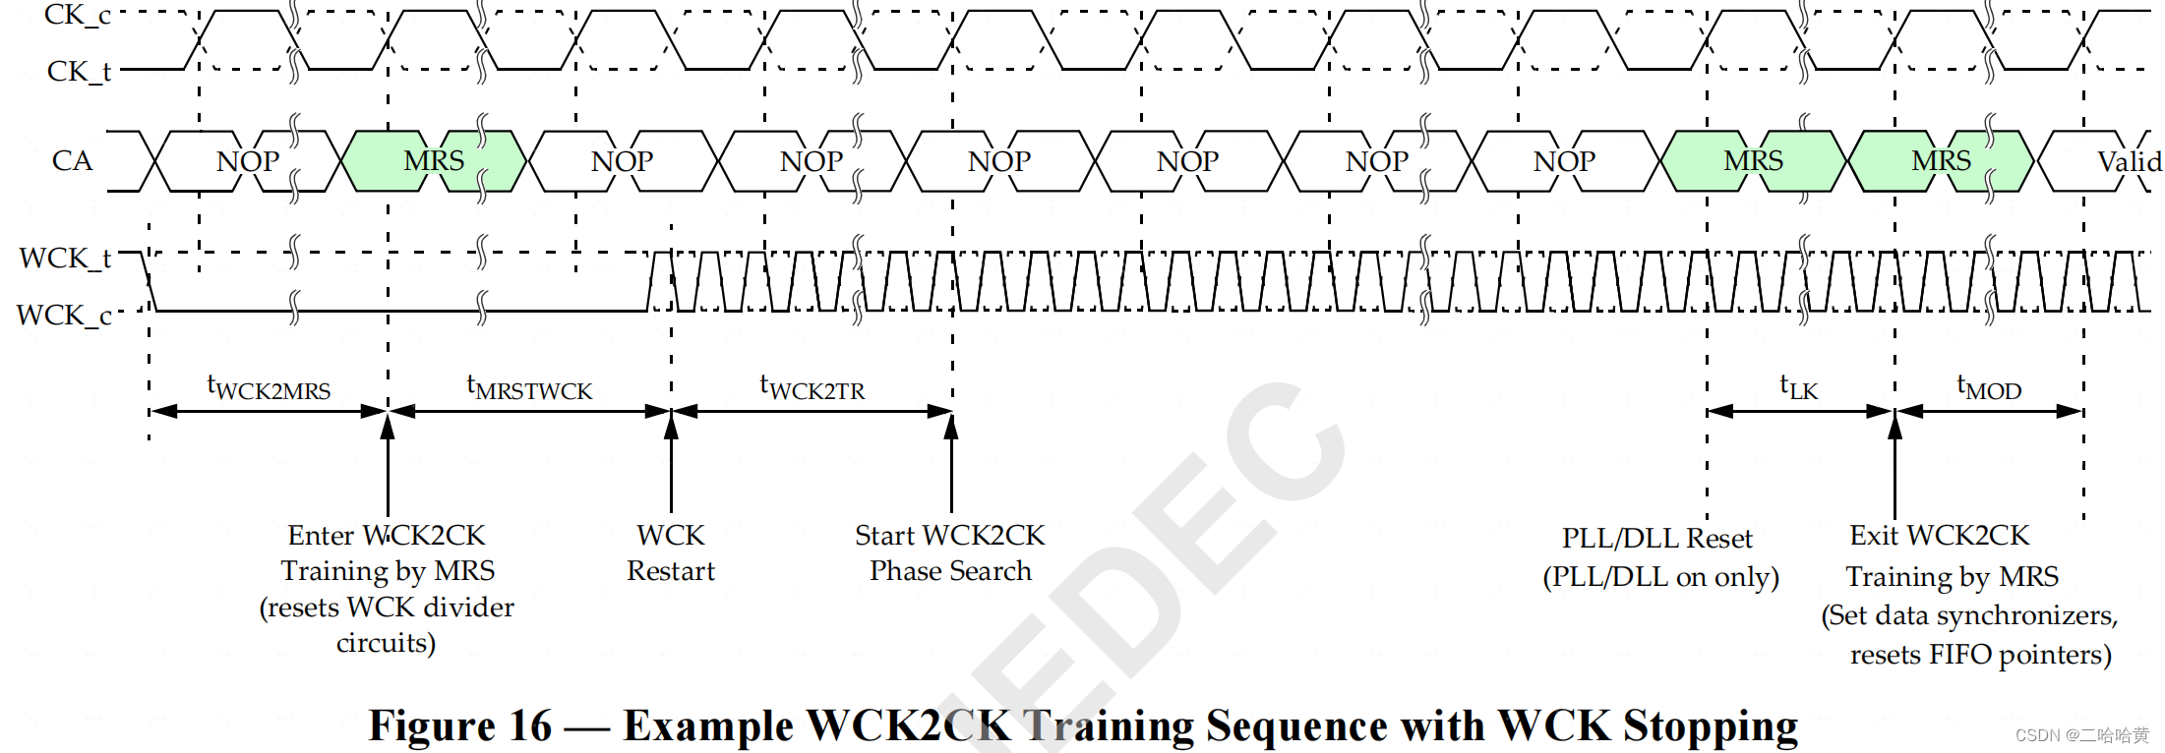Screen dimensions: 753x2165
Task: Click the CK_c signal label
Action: (x=77, y=15)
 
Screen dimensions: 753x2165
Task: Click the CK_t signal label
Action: (x=79, y=71)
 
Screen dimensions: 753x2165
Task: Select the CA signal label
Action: (x=72, y=160)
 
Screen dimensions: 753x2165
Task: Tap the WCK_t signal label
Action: (x=65, y=259)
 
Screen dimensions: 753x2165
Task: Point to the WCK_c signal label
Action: (x=64, y=316)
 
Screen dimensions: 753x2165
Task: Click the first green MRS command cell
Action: (x=433, y=160)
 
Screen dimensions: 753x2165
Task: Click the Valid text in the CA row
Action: (x=2128, y=161)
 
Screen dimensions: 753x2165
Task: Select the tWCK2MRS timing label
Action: (x=269, y=388)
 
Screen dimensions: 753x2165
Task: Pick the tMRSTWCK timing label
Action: (x=529, y=388)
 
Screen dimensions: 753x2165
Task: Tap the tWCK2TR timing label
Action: (x=812, y=388)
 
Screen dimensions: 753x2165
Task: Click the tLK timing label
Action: (x=1799, y=388)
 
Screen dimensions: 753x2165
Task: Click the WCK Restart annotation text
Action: (x=671, y=552)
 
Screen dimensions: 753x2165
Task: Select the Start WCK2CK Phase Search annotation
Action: (x=950, y=552)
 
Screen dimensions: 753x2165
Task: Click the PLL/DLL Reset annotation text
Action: (x=1657, y=539)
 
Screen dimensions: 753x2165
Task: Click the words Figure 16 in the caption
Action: (x=460, y=725)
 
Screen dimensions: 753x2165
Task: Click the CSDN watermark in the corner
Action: (x=2081, y=735)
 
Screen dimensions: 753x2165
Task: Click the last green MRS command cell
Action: (x=1941, y=160)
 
